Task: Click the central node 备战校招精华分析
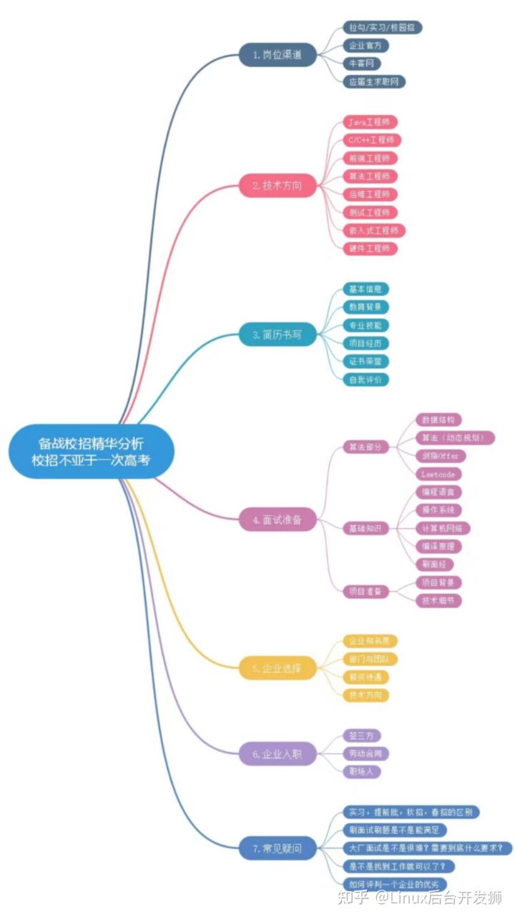click(92, 451)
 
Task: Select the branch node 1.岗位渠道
click(278, 55)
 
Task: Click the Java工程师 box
click(370, 122)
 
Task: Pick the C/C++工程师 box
click(370, 140)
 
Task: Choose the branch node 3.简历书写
click(278, 334)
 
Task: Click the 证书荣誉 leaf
click(366, 361)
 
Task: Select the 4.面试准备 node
click(278, 520)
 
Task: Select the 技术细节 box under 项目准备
click(439, 600)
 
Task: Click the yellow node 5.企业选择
click(278, 668)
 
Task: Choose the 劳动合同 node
click(368, 753)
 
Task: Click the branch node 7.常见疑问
click(278, 848)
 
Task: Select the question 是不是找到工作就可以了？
click(397, 866)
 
